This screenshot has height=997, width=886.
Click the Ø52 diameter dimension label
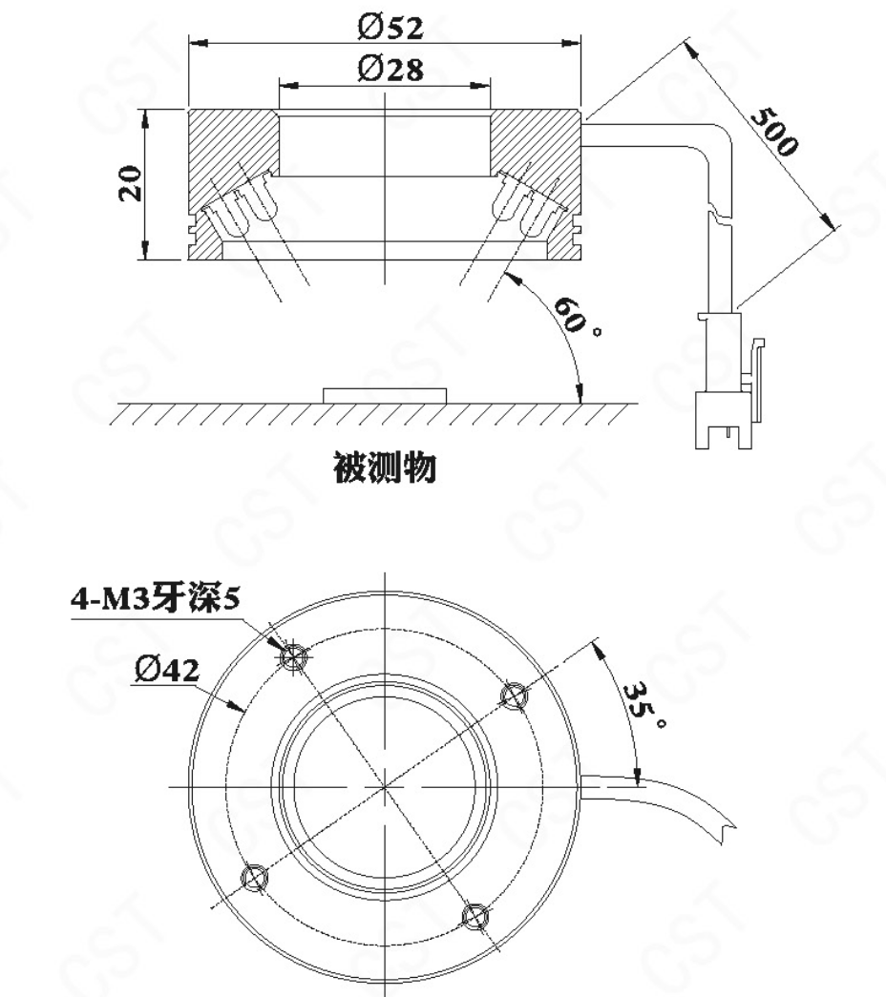tap(390, 28)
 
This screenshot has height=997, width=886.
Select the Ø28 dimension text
tap(390, 69)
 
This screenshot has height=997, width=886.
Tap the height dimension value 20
tap(131, 183)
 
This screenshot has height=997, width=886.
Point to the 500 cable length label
tap(773, 133)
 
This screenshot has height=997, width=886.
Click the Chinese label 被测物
tap(385, 468)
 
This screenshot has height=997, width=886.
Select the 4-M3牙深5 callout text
tap(156, 599)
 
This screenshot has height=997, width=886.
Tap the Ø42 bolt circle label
tap(167, 670)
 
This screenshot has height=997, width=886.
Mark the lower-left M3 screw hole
tap(255, 878)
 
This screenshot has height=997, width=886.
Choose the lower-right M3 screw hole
tap(475, 916)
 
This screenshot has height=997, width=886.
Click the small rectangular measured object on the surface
tap(385, 396)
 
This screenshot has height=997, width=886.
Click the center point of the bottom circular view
tap(385, 786)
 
